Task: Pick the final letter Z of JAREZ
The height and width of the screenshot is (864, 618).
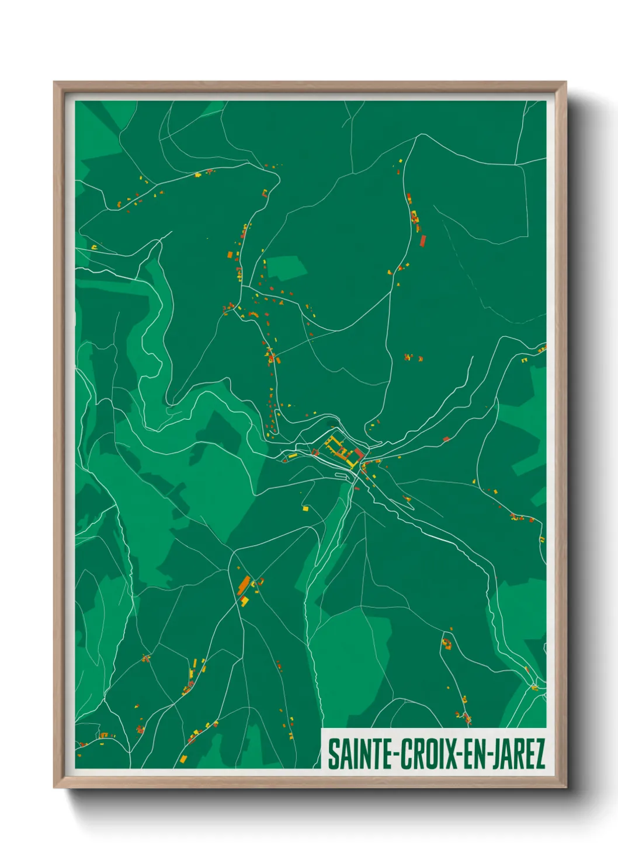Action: tap(539, 754)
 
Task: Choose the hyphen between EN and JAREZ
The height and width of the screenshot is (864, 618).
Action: tap(489, 755)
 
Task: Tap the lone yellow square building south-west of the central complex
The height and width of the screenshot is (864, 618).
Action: tap(305, 508)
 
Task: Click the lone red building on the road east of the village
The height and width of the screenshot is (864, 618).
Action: tap(446, 439)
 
